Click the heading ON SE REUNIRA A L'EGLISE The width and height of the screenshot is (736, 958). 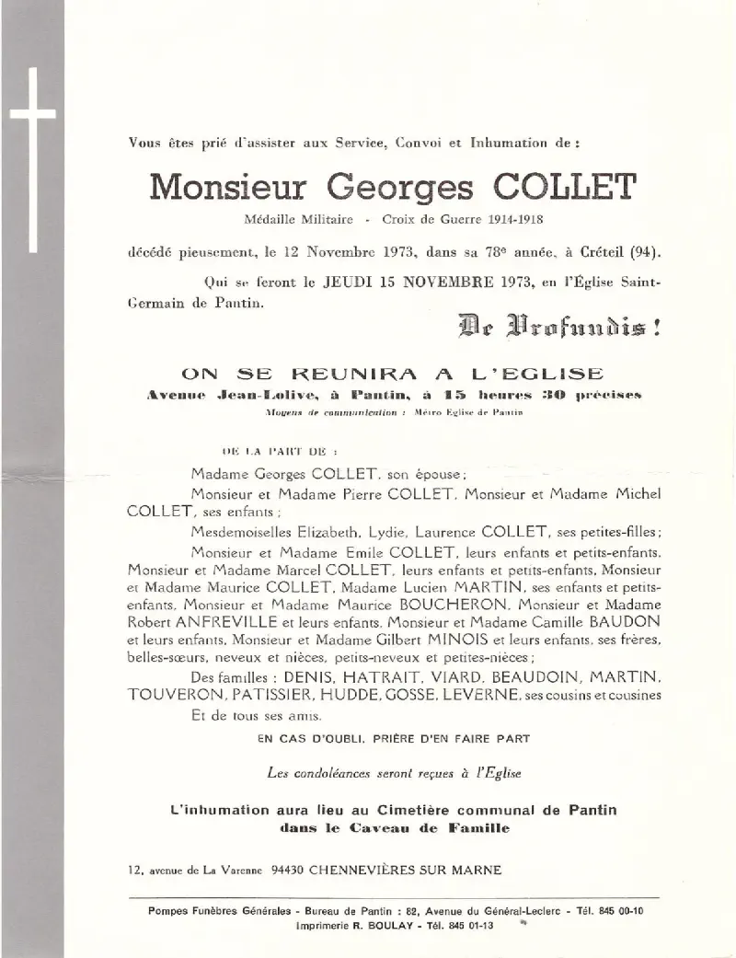tap(393, 375)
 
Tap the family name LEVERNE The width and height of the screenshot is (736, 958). tap(479, 695)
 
